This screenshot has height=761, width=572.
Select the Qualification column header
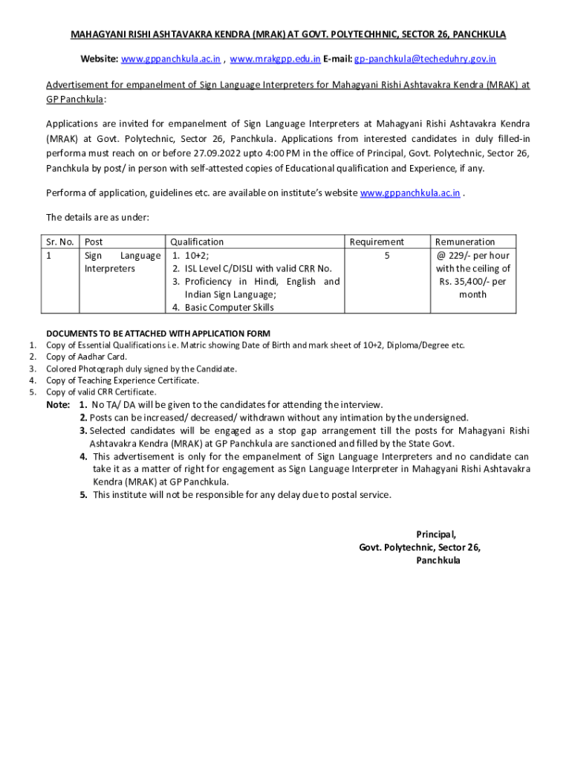197,242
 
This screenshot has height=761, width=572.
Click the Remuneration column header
465,242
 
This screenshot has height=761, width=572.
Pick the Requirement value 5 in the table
387,256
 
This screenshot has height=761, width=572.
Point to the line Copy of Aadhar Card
86,357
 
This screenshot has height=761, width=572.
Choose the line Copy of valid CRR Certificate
101,392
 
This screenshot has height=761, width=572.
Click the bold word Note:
58,405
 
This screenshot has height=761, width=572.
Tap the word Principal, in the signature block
435,534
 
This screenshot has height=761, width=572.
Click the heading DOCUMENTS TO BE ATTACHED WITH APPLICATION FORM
158,333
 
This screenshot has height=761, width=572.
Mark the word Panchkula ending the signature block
438,561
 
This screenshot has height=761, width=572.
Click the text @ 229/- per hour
472,256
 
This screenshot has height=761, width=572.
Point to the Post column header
94,242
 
